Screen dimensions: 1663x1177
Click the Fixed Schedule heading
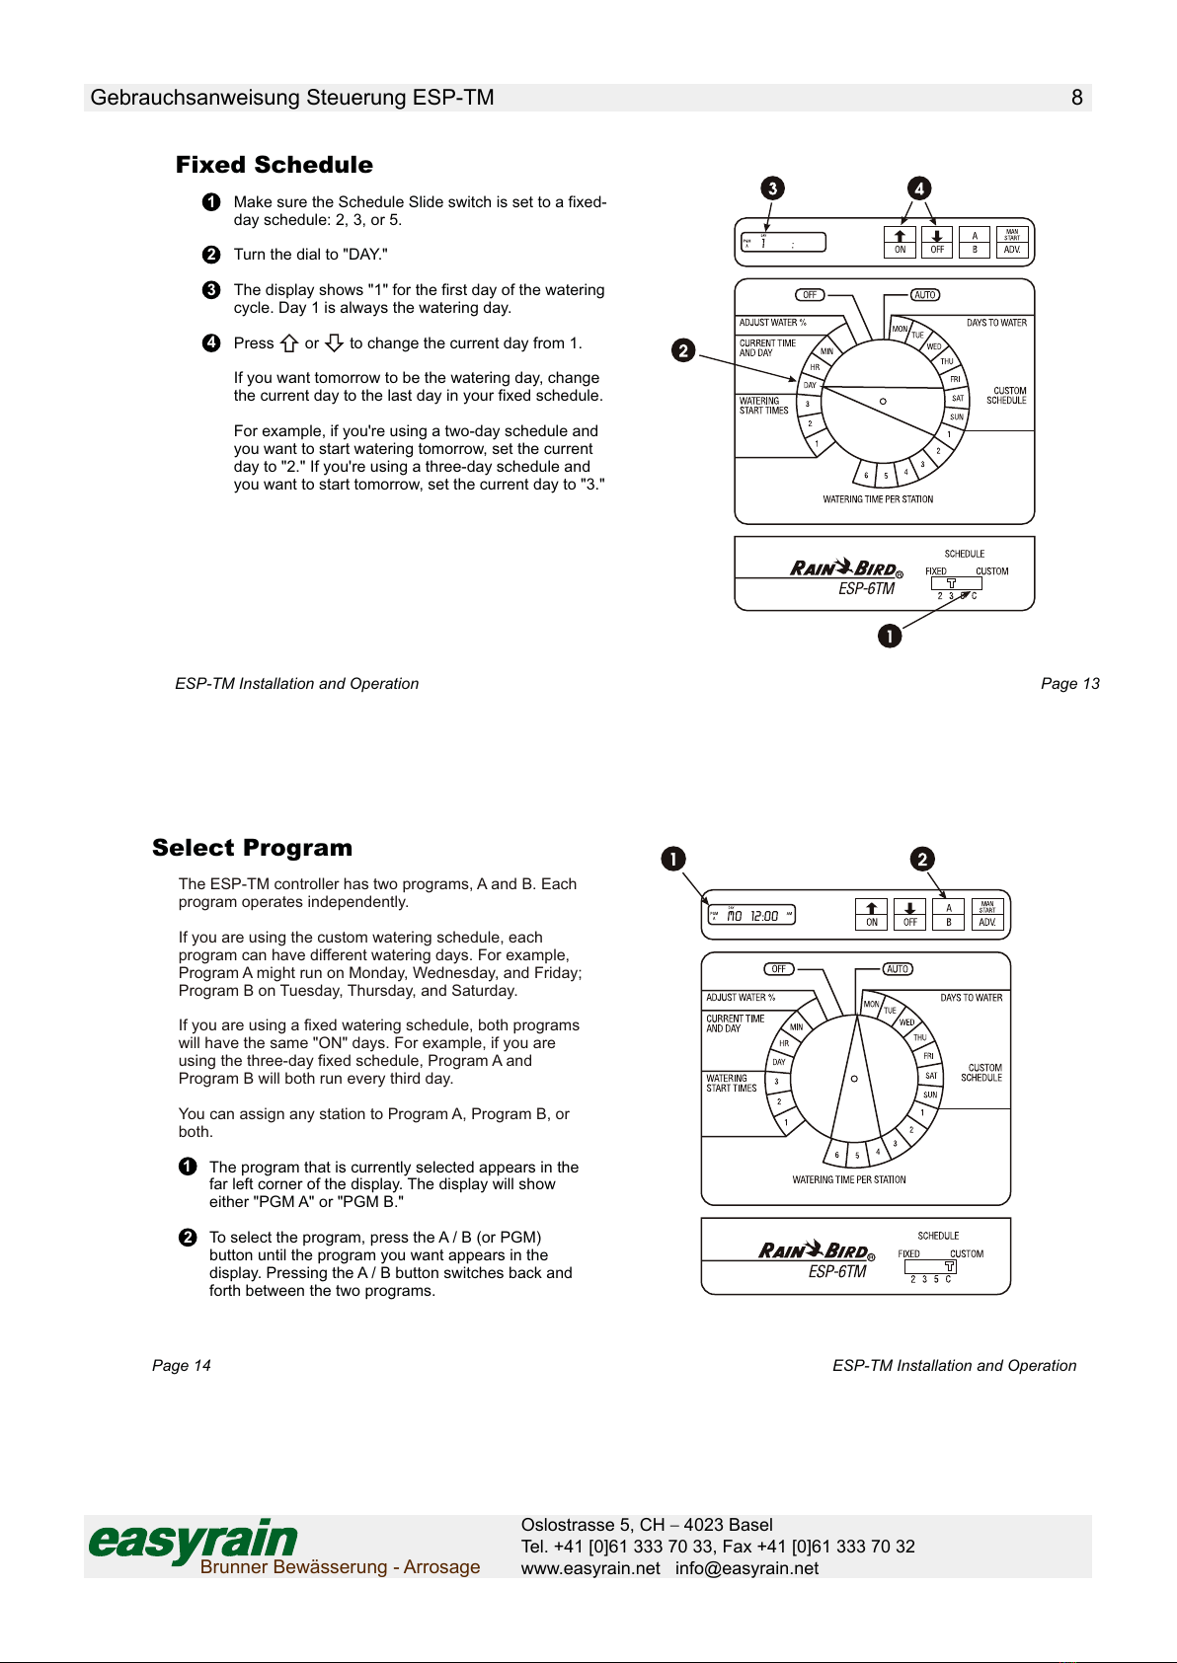[x=275, y=165]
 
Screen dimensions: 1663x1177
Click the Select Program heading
[x=252, y=848]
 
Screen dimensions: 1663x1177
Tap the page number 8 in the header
[x=1076, y=97]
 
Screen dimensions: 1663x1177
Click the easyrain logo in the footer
[x=194, y=1541]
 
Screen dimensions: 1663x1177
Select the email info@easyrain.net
[x=746, y=1568]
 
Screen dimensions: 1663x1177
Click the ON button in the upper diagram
[x=900, y=242]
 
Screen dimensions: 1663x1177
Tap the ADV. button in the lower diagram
[x=987, y=915]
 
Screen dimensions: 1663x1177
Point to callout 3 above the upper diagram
[x=772, y=189]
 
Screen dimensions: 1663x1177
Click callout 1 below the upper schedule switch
[x=890, y=636]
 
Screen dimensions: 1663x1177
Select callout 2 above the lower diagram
[x=922, y=859]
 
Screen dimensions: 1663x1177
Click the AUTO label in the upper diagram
[x=925, y=295]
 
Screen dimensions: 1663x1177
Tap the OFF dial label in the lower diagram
[x=779, y=969]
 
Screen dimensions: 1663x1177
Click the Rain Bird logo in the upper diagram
[x=845, y=568]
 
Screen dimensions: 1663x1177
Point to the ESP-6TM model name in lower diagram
[x=837, y=1272]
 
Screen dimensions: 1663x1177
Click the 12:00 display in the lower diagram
[x=763, y=916]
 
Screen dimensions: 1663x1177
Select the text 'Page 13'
[x=1069, y=683]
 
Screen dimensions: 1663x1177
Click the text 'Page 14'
[x=182, y=1365]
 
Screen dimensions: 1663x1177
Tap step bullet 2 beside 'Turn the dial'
[x=211, y=255]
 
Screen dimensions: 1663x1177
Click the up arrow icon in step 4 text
[x=289, y=343]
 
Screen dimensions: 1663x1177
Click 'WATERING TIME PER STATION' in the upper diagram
[x=878, y=499]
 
